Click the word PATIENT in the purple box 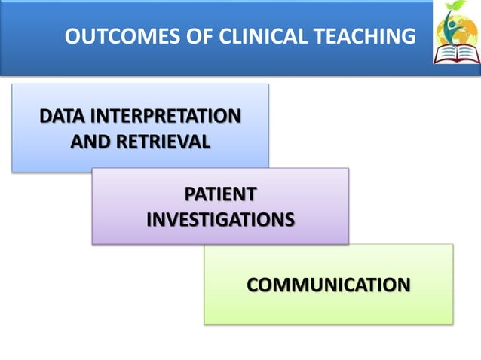(220, 194)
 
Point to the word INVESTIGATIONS (220, 219)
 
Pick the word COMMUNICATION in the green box (329, 285)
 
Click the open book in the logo (456, 53)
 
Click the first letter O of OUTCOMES (73, 36)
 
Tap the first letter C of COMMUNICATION (253, 285)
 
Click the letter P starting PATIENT (190, 194)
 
